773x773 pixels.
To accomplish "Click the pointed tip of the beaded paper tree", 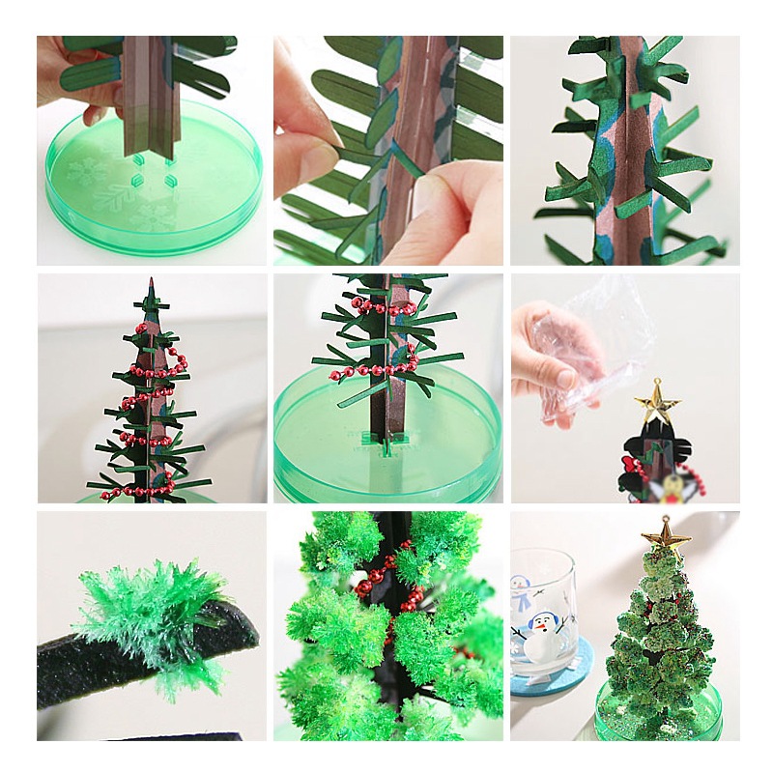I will point(150,285).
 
